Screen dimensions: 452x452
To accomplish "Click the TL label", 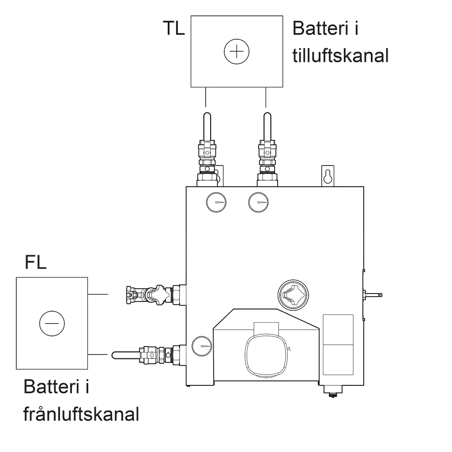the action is (174, 28).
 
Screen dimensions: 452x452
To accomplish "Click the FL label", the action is (35, 262).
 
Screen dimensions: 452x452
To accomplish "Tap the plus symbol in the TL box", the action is (237, 52).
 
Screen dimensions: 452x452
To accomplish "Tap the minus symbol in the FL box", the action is (52, 324).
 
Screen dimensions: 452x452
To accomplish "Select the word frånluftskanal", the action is (81, 414).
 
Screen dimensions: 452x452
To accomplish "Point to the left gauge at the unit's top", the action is (216, 202).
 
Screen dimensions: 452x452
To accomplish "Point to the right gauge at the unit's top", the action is (258, 202).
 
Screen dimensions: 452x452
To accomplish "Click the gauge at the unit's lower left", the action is (202, 346).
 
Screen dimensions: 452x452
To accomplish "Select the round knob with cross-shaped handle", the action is (293, 295).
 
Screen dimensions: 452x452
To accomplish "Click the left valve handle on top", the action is (207, 126).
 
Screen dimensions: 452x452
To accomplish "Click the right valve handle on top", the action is (267, 126).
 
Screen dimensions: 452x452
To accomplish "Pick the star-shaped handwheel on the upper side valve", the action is (158, 295).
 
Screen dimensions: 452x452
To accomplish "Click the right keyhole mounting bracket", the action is (328, 176).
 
